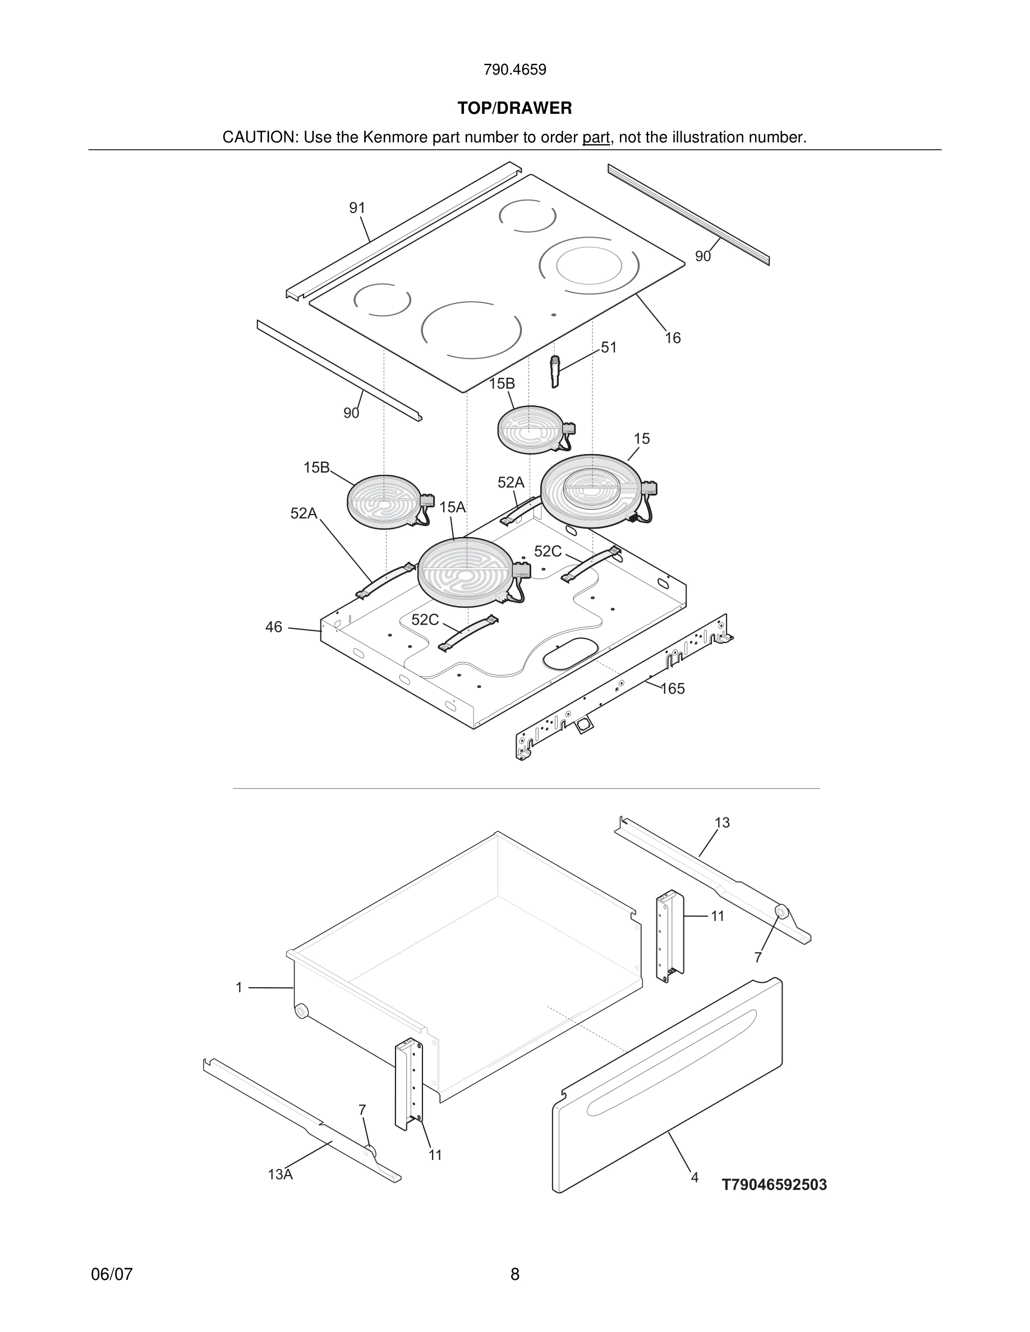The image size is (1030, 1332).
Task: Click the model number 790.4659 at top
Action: coord(514,70)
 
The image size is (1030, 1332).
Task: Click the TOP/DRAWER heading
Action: coord(514,109)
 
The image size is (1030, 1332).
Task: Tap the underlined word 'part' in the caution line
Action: coord(596,138)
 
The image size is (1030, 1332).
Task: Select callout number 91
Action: coord(357,209)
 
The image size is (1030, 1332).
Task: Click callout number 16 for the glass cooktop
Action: coord(673,338)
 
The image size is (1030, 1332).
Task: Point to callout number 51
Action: coord(608,348)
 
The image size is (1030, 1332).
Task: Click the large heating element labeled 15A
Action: coord(466,571)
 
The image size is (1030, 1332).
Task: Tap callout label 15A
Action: coord(452,507)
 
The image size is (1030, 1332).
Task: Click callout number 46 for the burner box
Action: coord(274,627)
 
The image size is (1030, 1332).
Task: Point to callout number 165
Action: coord(673,688)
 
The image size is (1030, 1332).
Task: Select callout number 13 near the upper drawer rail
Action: coord(722,823)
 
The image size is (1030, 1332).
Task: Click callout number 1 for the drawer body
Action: coord(239,987)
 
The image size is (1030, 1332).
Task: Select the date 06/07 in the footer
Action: coord(112,1274)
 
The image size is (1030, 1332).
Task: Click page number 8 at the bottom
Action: coord(514,1274)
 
